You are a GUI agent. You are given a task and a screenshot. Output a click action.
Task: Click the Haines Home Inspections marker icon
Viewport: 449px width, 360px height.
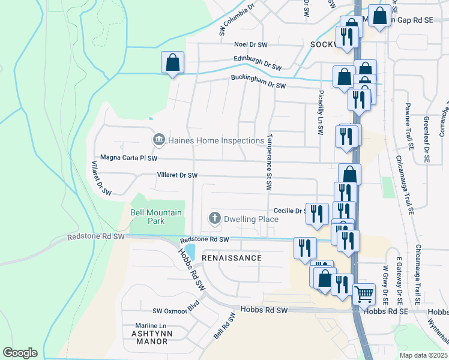pyautogui.click(x=159, y=140)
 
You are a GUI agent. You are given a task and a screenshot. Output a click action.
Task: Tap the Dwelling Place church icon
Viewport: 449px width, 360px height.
pyautogui.click(x=214, y=219)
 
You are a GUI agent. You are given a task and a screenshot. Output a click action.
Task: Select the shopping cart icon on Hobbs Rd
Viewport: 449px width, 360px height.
pyautogui.click(x=364, y=293)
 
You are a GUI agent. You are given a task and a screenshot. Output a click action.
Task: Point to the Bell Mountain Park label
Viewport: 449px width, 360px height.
pyautogui.click(x=148, y=217)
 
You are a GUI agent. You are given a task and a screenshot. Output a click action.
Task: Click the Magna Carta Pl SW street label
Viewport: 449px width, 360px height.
pyautogui.click(x=128, y=158)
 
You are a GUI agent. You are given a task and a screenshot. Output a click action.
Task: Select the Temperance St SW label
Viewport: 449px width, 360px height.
pyautogui.click(x=270, y=161)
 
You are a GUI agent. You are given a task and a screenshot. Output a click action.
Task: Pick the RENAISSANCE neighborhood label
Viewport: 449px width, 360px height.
pyautogui.click(x=232, y=258)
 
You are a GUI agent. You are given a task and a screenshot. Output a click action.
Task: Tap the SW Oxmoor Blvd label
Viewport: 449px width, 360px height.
pyautogui.click(x=175, y=310)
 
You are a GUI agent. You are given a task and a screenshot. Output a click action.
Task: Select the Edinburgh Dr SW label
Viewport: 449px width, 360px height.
pyautogui.click(x=258, y=64)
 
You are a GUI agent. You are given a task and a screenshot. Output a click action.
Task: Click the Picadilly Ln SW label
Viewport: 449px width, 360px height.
pyautogui.click(x=322, y=108)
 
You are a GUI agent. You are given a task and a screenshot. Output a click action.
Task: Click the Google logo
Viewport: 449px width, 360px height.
pyautogui.click(x=20, y=353)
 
